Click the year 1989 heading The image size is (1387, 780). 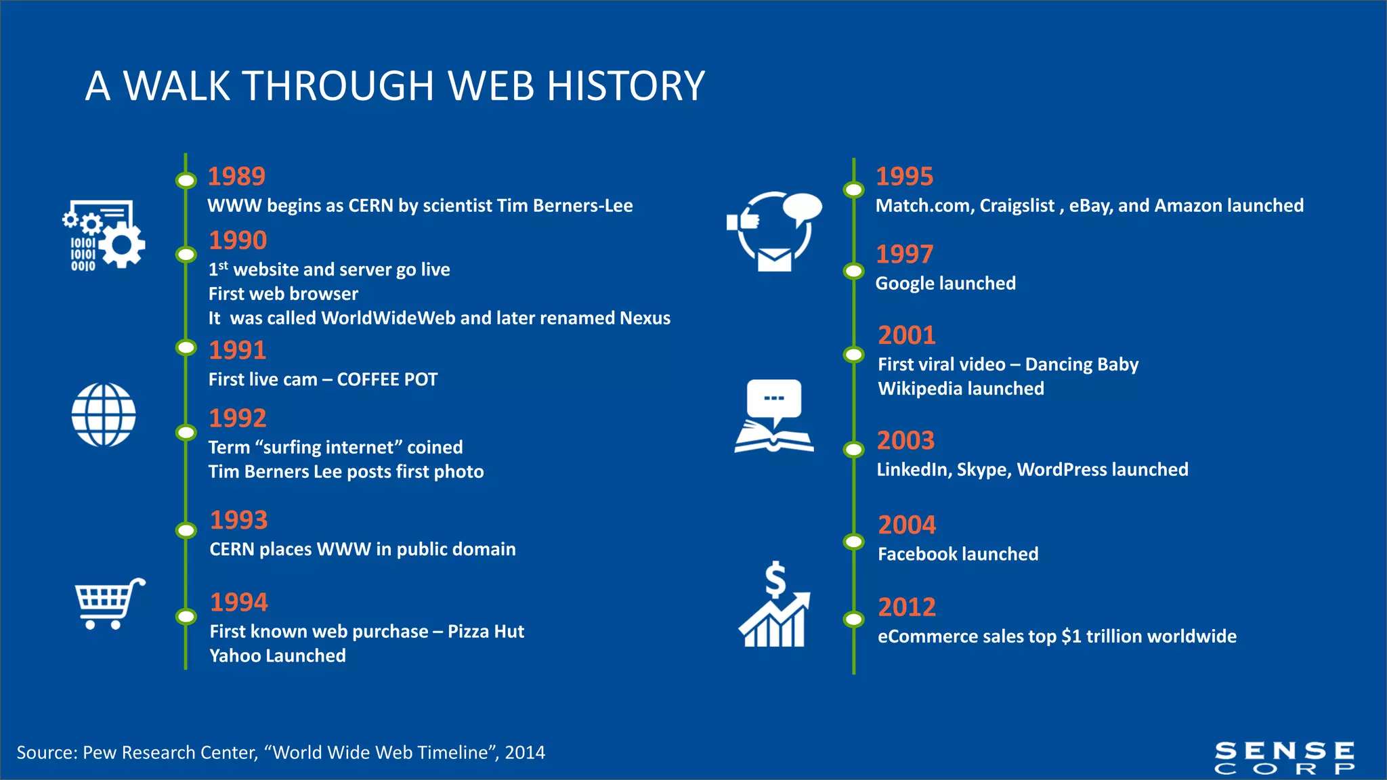point(236,176)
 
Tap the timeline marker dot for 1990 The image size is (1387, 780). point(186,255)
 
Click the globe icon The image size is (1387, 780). point(104,415)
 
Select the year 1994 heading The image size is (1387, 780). point(238,602)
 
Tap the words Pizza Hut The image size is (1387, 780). point(486,632)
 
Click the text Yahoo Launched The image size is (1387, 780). point(278,656)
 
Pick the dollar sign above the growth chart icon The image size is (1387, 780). point(775,580)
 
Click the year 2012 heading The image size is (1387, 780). point(907,607)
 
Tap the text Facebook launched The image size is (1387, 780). point(958,555)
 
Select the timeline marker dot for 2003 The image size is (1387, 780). point(853,449)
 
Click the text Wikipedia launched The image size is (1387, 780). point(960,389)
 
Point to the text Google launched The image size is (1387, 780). point(945,283)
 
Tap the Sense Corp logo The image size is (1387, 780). point(1284,758)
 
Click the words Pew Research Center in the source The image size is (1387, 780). point(169,753)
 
